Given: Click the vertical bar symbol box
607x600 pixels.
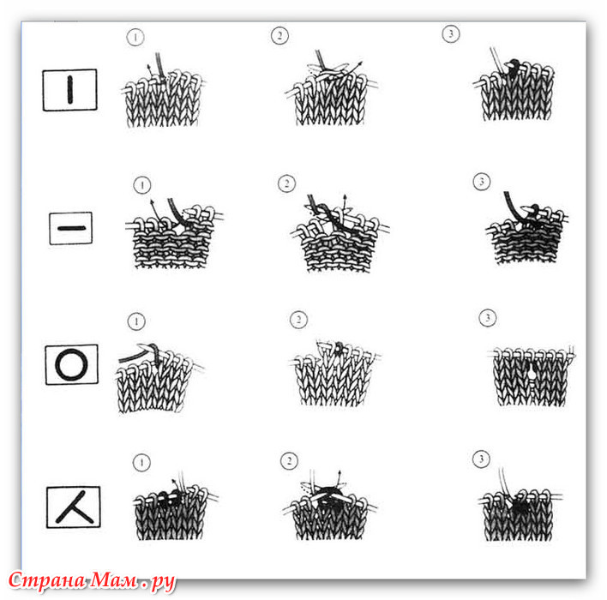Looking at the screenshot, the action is (x=69, y=90).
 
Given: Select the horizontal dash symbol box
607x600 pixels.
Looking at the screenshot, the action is (x=71, y=228).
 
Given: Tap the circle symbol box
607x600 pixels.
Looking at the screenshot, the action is (x=72, y=364).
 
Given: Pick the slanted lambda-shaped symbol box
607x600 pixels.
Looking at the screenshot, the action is (x=74, y=507).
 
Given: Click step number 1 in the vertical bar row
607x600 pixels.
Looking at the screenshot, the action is (x=135, y=38).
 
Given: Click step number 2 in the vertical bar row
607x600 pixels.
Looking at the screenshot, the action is (x=279, y=36).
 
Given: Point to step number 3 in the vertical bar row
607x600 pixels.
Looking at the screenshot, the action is (x=451, y=33).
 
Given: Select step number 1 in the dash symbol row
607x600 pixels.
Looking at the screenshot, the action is (x=142, y=185).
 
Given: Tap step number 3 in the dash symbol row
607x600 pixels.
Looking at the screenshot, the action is (x=482, y=181).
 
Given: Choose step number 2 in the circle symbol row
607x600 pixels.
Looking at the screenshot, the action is (x=298, y=320).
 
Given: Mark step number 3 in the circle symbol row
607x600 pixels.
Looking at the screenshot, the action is (x=487, y=318).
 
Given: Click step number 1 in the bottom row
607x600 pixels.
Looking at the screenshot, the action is (x=141, y=462).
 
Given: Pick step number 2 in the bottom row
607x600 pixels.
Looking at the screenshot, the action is (x=289, y=460).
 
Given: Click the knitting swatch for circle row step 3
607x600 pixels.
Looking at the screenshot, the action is (x=532, y=375).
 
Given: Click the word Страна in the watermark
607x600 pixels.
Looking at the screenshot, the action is (x=47, y=580).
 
